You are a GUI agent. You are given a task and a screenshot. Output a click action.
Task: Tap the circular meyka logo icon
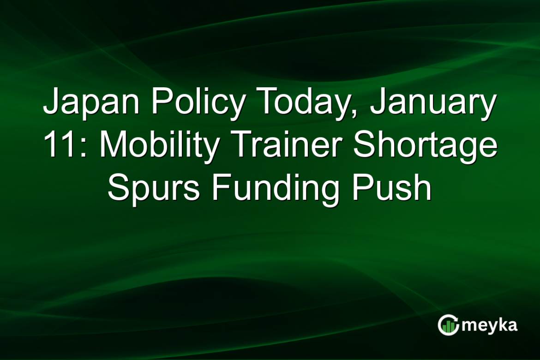448,325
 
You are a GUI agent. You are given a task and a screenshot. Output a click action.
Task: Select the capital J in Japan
52,102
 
